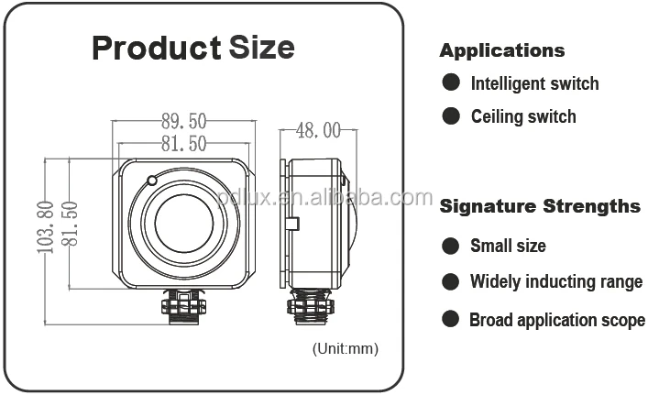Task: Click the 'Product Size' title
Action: click(x=193, y=47)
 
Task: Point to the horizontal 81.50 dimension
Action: click(x=183, y=143)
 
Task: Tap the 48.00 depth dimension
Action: click(x=318, y=130)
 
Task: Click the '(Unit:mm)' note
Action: click(x=345, y=348)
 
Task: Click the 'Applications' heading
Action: click(x=501, y=50)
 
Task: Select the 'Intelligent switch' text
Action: click(x=534, y=83)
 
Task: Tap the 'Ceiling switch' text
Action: click(x=523, y=116)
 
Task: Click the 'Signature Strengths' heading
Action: click(x=540, y=205)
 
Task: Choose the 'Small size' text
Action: click(x=508, y=246)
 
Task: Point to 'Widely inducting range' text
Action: click(x=556, y=281)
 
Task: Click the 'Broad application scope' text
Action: click(x=557, y=320)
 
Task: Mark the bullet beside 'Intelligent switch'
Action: click(x=451, y=82)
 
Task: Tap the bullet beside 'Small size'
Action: click(x=451, y=246)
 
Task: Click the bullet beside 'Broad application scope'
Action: click(x=451, y=319)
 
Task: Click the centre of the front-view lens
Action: click(x=183, y=225)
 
